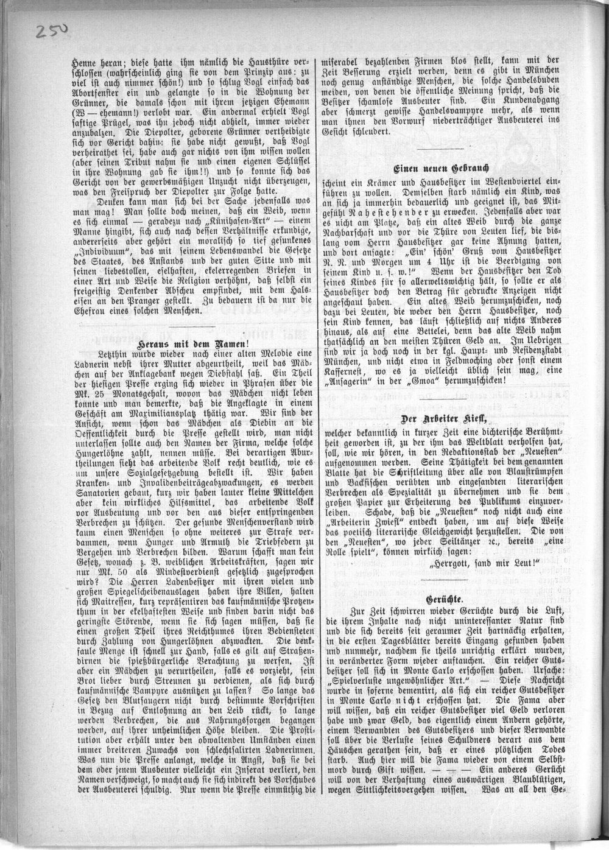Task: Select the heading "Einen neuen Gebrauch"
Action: click(440, 168)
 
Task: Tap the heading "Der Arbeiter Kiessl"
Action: click(440, 418)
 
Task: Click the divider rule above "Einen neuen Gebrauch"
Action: click(440, 148)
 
